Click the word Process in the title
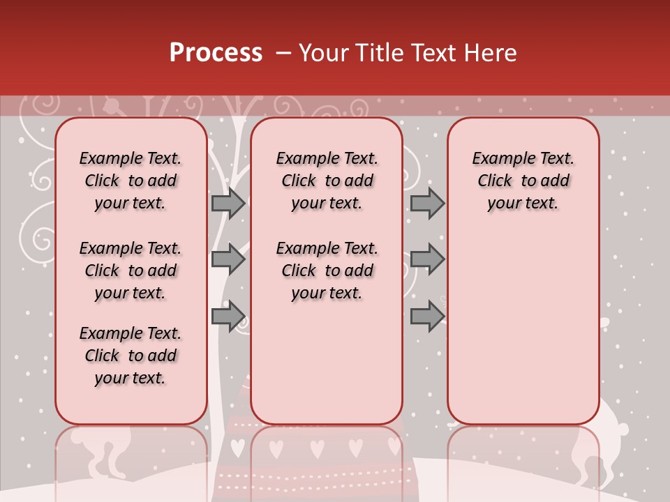click(x=216, y=53)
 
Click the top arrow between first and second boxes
click(x=228, y=203)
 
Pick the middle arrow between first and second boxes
click(x=228, y=259)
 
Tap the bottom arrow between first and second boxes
click(x=228, y=317)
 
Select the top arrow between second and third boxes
click(x=427, y=203)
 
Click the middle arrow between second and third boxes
click(x=427, y=259)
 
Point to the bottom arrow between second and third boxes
click(x=427, y=317)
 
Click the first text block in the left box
click(x=131, y=181)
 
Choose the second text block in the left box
click(x=131, y=271)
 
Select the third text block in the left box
click(x=131, y=356)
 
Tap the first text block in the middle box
click(x=327, y=181)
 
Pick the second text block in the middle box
click(x=327, y=271)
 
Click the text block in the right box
click(x=523, y=181)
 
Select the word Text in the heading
click(x=432, y=53)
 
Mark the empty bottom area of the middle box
click(x=327, y=370)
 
